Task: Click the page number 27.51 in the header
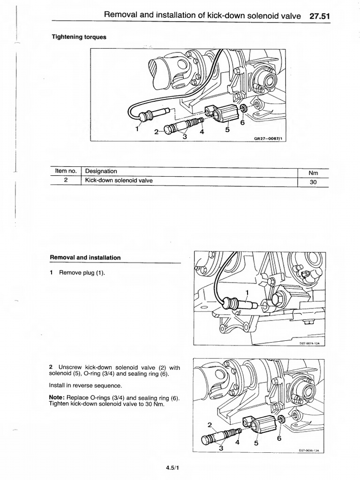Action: pos(320,15)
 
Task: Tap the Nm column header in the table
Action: pos(314,172)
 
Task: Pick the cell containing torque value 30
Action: pos(314,182)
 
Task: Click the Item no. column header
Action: pos(66,172)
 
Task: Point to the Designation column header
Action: pos(101,172)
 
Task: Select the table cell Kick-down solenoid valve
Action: pos(119,180)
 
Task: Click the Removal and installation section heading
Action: pos(85,257)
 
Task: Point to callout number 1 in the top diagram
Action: pos(137,128)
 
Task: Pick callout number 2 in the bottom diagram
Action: pos(209,426)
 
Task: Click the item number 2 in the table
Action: pos(66,180)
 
